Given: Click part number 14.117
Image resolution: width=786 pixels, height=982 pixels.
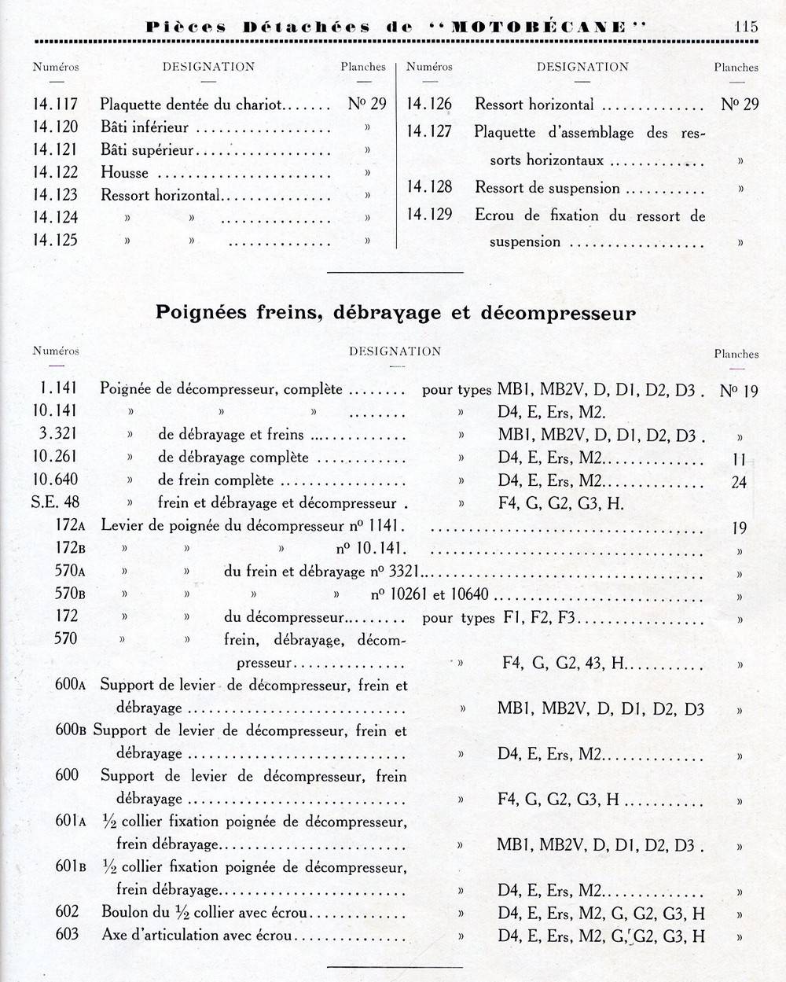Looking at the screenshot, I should (56, 104).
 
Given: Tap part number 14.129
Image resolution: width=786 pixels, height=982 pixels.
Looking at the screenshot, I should (429, 215).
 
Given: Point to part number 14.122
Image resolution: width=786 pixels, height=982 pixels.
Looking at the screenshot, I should (56, 172).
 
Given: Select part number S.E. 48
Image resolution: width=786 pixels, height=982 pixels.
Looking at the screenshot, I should (55, 502).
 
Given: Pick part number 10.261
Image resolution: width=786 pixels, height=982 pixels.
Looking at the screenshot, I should (56, 457).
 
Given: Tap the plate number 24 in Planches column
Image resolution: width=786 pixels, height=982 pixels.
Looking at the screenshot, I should (739, 482).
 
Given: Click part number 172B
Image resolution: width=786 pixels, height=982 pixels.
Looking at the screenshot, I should (66, 549).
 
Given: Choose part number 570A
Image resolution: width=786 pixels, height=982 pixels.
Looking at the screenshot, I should (66, 572).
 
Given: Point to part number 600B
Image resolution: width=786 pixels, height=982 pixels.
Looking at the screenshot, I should (71, 730).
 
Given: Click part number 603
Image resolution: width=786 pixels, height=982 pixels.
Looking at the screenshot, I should (67, 935).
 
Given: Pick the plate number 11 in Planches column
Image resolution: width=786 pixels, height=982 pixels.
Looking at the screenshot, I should (739, 460).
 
